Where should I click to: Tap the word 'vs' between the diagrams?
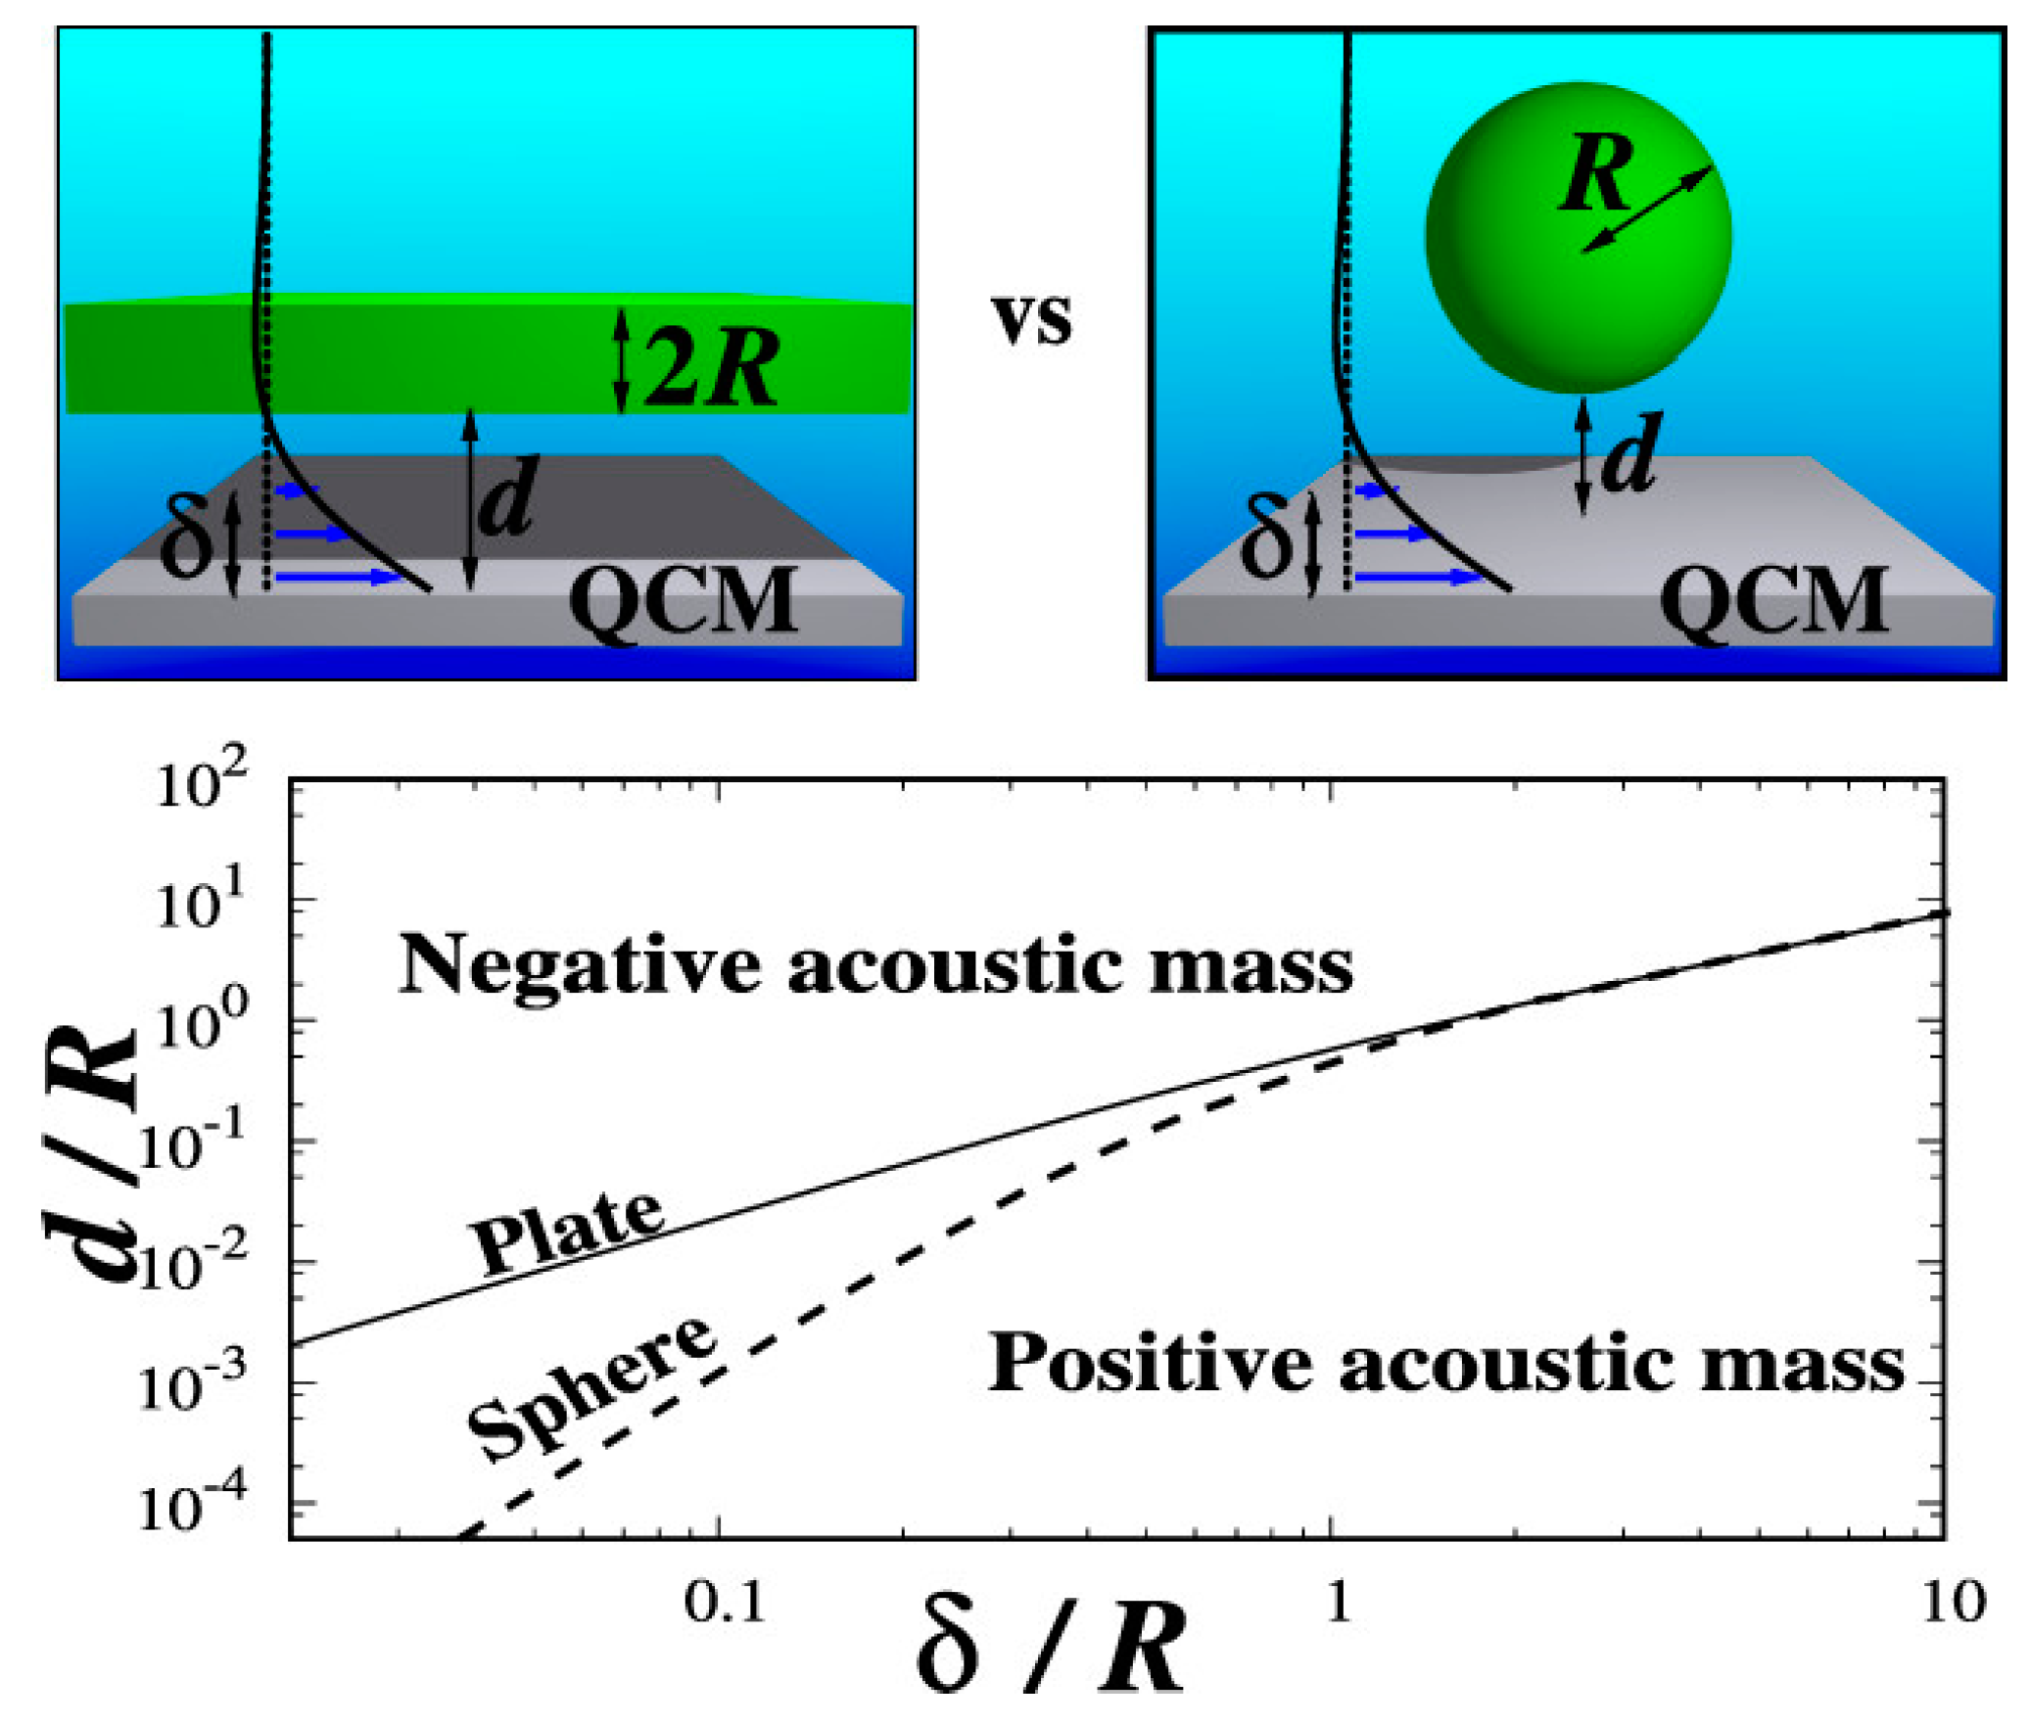coord(1033,319)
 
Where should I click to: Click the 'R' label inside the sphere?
coord(1597,173)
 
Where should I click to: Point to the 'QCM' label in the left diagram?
coord(683,601)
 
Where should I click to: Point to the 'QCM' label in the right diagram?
coord(1773,601)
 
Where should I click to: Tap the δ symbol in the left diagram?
coord(185,537)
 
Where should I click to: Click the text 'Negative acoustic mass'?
coord(875,965)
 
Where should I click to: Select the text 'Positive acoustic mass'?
coord(1445,1364)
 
